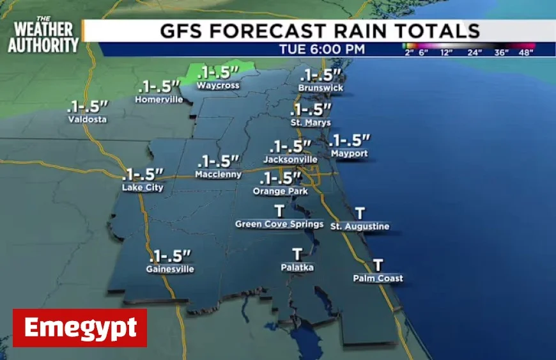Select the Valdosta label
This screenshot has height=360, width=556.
(88, 119)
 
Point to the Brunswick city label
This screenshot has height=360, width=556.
(321, 88)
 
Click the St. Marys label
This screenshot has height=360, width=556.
(311, 122)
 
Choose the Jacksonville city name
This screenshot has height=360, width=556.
(290, 159)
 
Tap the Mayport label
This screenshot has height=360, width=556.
(349, 154)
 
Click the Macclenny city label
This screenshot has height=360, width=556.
(219, 174)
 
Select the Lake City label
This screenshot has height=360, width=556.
(143, 187)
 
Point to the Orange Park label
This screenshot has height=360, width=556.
(281, 191)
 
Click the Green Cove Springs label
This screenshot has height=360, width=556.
(279, 224)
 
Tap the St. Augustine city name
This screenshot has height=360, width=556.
(360, 226)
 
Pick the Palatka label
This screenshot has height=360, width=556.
(297, 267)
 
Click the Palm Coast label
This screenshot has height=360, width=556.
(378, 278)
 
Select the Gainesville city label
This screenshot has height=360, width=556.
(170, 269)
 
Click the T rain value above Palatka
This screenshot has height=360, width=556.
(297, 254)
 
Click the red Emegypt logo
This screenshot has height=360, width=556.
(80, 328)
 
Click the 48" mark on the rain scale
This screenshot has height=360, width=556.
(525, 52)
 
